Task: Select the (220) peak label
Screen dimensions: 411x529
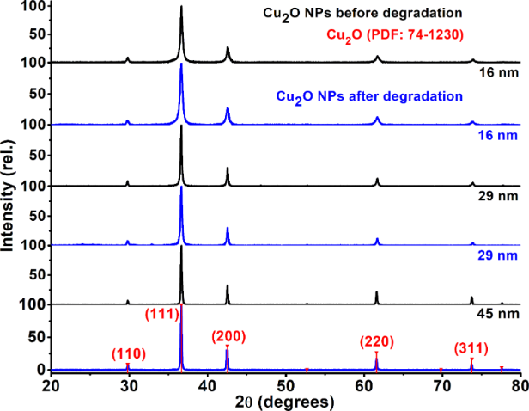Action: (x=377, y=343)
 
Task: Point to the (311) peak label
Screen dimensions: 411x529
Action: (x=471, y=348)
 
